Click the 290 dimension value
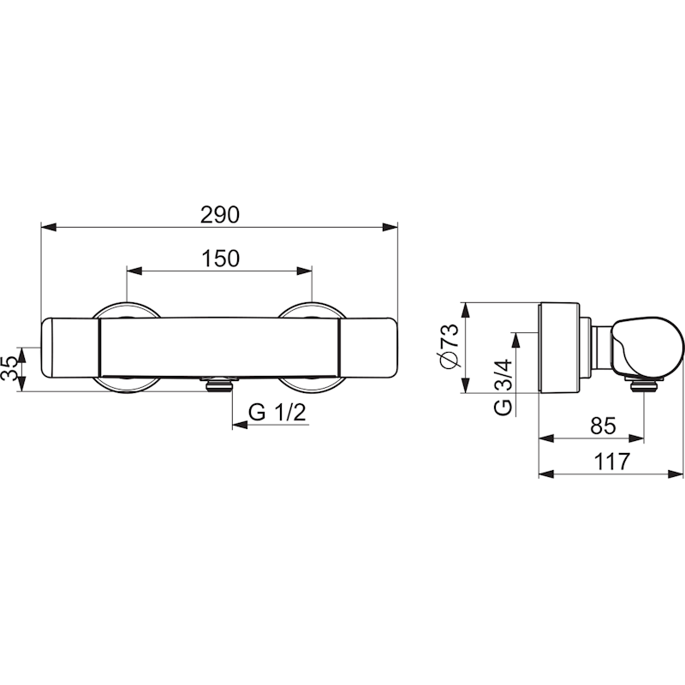tap(220, 215)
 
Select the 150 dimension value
tap(221, 259)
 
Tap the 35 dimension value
tap(9, 368)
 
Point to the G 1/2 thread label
tap(277, 412)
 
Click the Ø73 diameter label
tap(451, 347)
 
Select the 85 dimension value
tap(603, 425)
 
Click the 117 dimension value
tap(612, 462)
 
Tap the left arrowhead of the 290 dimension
tap(49, 227)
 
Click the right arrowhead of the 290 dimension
tap(390, 227)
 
